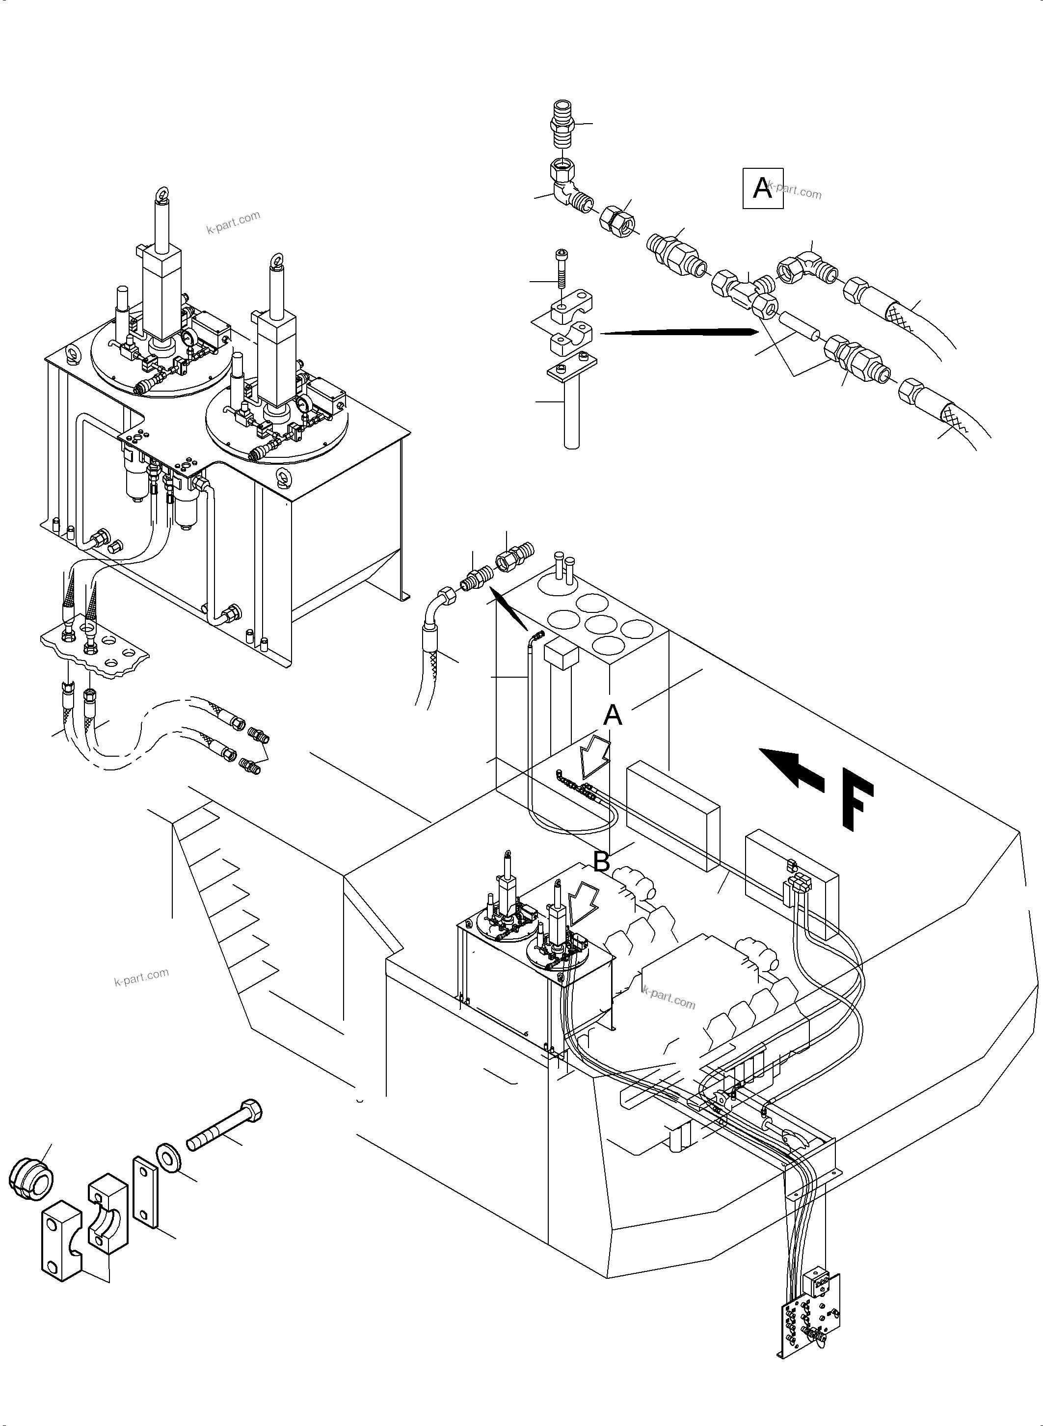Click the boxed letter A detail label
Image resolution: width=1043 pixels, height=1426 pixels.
click(762, 187)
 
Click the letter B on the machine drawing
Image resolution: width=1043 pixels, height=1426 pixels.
click(601, 862)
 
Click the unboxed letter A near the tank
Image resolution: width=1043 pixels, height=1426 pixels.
click(613, 715)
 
